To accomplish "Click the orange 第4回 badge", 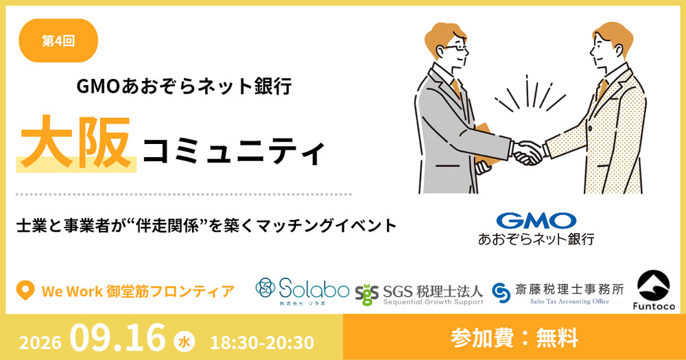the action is tap(58, 40).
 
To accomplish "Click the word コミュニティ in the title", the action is tap(234, 152).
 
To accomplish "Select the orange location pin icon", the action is tap(25, 291).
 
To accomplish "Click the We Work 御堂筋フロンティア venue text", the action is tap(138, 291).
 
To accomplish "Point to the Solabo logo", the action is tap(302, 291).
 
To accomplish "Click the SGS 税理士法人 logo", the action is tap(419, 294).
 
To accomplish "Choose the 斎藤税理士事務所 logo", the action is tap(557, 293).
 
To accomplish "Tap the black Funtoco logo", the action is tap(654, 289).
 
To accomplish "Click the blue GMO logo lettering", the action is tap(536, 221).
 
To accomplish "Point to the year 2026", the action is tap(40, 342).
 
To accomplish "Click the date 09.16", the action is tap(118, 337).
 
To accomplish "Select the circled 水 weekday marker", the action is tap(184, 342).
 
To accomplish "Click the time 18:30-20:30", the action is tap(262, 342).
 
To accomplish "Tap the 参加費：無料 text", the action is tap(514, 338).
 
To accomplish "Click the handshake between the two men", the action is tap(528, 152).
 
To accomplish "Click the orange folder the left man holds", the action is tap(487, 145).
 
